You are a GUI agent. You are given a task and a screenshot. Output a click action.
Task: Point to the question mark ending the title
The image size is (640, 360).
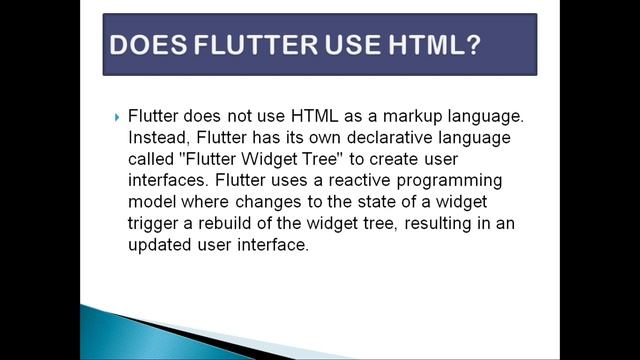pyautogui.click(x=472, y=45)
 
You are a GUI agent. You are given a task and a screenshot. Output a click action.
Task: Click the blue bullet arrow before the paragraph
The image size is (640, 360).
pyautogui.click(x=117, y=116)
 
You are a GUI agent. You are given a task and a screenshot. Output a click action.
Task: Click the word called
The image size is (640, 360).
pyautogui.click(x=151, y=159)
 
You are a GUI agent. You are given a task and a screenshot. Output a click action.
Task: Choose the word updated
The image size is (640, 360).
pyautogui.click(x=162, y=246)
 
